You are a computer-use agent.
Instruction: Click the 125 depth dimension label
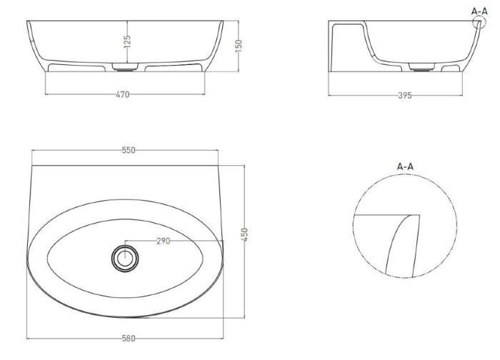point(127,41)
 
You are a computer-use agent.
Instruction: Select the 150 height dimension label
point(239,46)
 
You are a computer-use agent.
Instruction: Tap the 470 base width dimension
point(123,94)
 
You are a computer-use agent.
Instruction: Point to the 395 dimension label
point(405,95)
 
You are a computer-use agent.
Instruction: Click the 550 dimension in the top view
point(129,150)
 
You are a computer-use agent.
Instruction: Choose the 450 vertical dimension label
point(244,235)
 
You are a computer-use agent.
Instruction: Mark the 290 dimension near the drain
point(164,241)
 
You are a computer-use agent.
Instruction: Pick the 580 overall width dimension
point(129,339)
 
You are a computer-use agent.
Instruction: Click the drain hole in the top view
point(125,259)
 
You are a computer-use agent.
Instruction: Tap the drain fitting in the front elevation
point(125,66)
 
